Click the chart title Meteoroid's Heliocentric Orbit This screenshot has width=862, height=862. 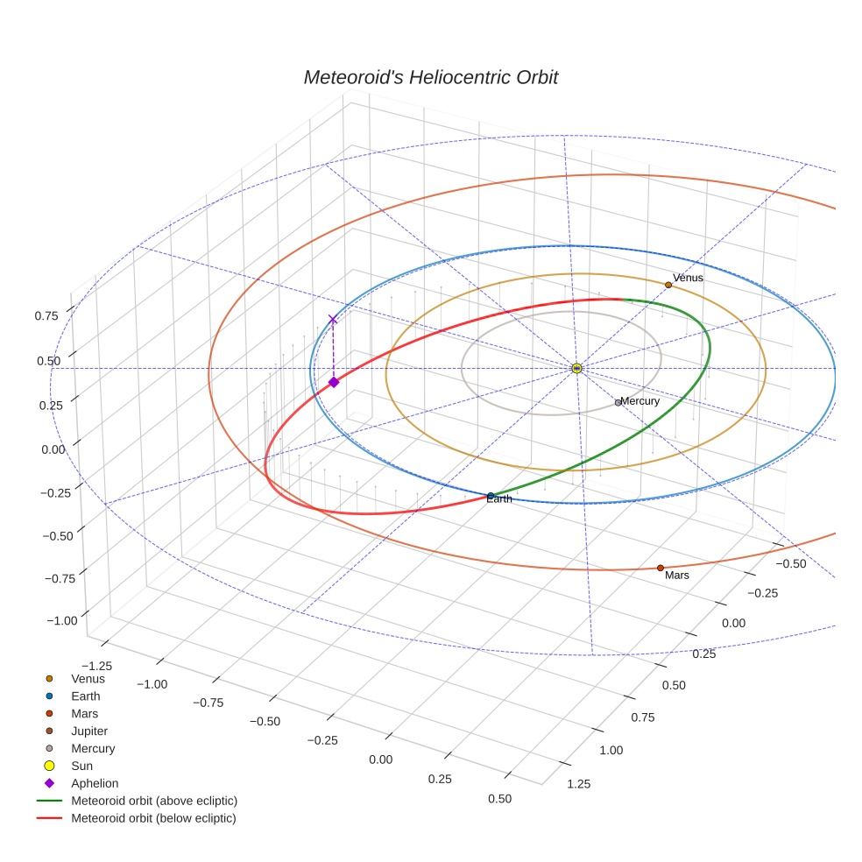(x=430, y=78)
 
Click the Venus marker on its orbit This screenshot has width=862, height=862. (x=668, y=285)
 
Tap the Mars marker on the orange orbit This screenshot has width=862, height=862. (x=661, y=568)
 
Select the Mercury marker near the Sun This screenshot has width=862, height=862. (x=618, y=403)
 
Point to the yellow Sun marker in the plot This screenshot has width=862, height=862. (x=576, y=368)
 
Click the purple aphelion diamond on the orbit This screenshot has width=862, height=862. (x=334, y=382)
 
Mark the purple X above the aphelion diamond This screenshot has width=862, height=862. (x=332, y=320)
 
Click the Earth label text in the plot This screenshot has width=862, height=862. (x=499, y=499)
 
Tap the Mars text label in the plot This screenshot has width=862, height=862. (x=677, y=576)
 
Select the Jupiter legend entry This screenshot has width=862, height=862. (x=89, y=731)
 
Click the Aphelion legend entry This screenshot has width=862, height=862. (x=95, y=783)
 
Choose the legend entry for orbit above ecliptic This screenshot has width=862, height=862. (x=154, y=801)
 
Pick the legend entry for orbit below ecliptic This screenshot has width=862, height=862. (x=153, y=818)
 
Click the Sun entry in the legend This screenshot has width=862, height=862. (x=81, y=766)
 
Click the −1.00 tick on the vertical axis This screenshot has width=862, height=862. (x=60, y=620)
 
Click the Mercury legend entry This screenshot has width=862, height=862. (x=93, y=748)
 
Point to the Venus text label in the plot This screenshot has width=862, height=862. (x=688, y=278)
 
